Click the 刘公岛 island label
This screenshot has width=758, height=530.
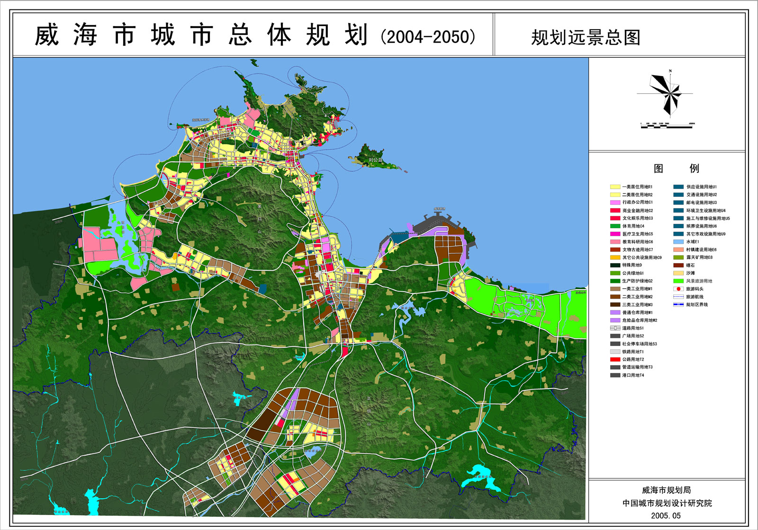point(375,160)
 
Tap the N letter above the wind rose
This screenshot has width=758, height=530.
point(670,71)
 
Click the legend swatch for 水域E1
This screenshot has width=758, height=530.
point(678,242)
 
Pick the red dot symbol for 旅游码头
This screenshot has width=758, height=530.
point(678,289)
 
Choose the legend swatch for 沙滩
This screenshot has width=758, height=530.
point(678,273)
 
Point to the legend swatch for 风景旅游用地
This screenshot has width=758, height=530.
point(678,281)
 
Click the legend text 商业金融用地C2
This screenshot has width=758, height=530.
point(637,211)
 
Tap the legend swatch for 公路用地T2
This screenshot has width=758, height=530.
point(615,360)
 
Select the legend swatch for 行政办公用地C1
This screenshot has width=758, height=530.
point(615,203)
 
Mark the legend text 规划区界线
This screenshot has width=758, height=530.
point(697,305)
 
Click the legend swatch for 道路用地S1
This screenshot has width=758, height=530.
point(615,328)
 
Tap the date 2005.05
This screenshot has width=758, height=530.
point(666,516)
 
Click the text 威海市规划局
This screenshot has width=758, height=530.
point(666,490)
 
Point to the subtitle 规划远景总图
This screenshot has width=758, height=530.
point(586,37)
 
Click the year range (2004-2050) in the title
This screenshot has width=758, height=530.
point(428,37)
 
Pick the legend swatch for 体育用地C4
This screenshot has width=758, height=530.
point(615,226)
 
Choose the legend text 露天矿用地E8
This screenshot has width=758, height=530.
point(699,257)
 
